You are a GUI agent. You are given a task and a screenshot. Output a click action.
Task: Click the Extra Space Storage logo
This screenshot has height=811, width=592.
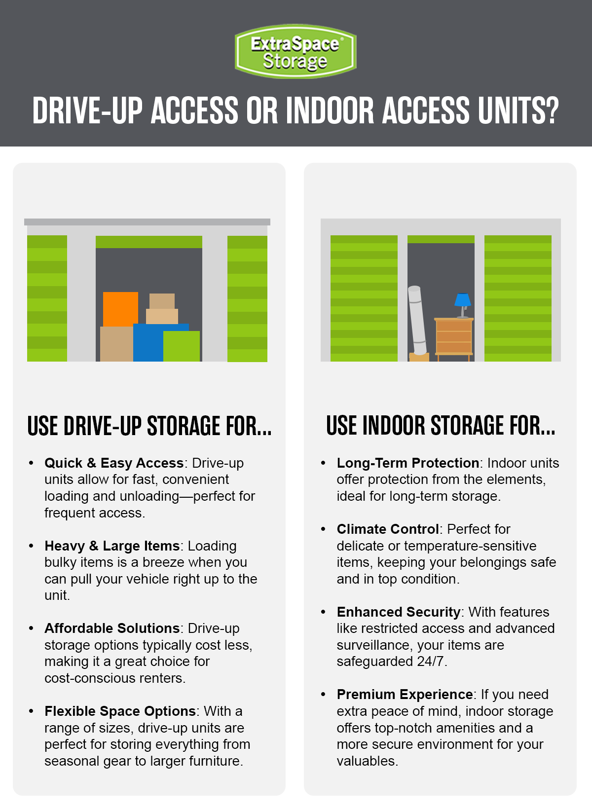[296, 51]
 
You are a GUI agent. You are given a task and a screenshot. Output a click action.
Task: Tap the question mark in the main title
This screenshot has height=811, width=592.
[551, 111]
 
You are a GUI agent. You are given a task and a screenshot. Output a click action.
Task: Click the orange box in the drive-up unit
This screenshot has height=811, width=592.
[120, 309]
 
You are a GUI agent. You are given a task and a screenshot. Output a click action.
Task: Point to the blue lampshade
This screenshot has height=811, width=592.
[463, 299]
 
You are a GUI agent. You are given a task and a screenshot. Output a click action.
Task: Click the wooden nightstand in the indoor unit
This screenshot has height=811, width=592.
[454, 338]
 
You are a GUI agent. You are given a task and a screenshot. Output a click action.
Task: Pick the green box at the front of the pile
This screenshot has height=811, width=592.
[182, 346]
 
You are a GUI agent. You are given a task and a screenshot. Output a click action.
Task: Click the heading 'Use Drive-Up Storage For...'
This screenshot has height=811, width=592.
[149, 426]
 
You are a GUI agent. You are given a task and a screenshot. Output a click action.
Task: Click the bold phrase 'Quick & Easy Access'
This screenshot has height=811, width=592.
[114, 463]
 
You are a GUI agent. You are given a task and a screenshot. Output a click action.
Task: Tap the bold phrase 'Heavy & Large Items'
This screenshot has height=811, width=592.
[112, 546]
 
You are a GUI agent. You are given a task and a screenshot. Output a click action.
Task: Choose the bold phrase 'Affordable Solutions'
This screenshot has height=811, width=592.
[112, 628]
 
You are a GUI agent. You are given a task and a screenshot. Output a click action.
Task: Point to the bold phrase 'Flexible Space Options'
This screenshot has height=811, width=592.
[120, 711]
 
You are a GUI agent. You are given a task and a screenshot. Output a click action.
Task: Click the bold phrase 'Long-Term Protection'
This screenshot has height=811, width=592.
[408, 463]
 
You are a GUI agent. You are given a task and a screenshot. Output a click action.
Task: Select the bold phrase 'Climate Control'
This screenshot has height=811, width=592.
[388, 529]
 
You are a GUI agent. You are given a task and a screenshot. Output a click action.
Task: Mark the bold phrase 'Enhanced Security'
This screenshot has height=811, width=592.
[399, 612]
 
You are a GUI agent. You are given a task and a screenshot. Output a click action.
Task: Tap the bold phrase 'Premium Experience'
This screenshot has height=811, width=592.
[405, 695]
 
